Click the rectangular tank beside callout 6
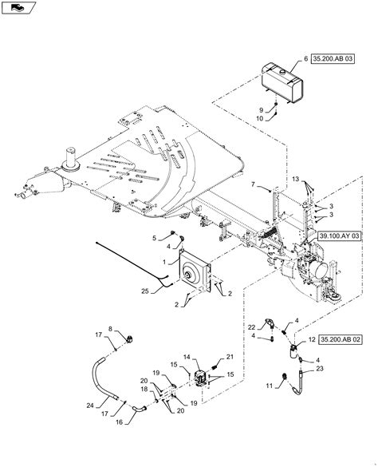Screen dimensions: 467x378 pos(282,80)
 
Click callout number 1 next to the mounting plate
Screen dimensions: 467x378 pos(165,260)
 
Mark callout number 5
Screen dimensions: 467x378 pos(155,237)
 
